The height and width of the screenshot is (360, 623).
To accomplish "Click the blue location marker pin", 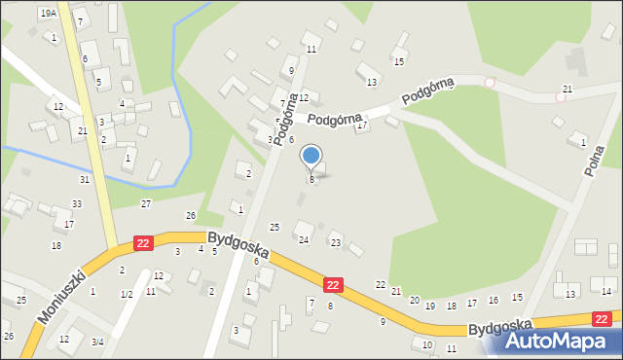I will pos(311,157).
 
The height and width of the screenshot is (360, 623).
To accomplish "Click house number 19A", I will pos(48,13).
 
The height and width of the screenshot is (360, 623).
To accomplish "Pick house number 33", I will pos(76,203).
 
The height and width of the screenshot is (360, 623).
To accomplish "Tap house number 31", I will pos(85,179).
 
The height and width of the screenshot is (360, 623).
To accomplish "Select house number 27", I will pos(145,203).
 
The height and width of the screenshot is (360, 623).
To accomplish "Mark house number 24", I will pos(304,239).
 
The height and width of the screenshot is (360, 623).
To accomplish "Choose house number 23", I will pos(336,242).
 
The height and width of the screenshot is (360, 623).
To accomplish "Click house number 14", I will pos(606,291).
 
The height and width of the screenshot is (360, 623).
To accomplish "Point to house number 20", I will pos(414,300).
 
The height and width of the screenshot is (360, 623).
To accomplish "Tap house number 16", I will pos(494,301).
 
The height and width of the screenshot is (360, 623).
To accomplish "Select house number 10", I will pos(426,344).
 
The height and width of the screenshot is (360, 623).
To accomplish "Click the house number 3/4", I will pos(97,342).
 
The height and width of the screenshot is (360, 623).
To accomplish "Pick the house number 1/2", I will pos(126,294).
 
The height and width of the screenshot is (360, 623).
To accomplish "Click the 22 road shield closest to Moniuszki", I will pos(143,242).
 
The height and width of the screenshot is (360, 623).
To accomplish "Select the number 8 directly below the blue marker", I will pos(311,180).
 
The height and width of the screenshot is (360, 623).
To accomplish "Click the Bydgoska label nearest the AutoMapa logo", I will pos(499,326).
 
